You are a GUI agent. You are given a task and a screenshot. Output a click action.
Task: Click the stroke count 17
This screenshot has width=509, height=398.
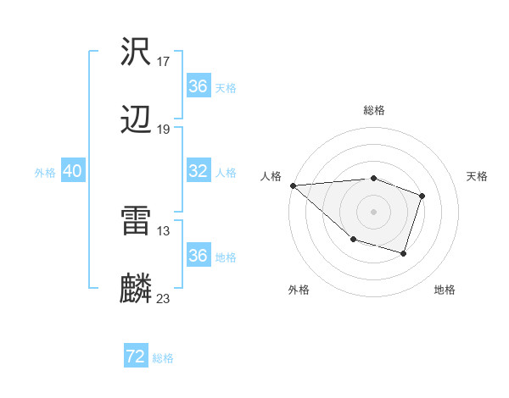pyautogui.click(x=164, y=62)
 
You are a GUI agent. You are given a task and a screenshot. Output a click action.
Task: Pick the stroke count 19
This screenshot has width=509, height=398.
pyautogui.click(x=164, y=130)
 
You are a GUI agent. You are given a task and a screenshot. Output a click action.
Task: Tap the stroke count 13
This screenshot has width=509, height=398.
pyautogui.click(x=164, y=230)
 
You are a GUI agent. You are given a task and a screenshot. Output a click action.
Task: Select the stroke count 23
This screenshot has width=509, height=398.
pyautogui.click(x=164, y=298)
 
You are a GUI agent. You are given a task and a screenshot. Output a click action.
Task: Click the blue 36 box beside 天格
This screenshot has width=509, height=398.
pyautogui.click(x=198, y=86)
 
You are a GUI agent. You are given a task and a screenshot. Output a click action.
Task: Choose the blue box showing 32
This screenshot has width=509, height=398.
pyautogui.click(x=198, y=171)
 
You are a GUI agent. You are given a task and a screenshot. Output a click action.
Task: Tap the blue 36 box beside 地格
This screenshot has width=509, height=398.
pyautogui.click(x=198, y=256)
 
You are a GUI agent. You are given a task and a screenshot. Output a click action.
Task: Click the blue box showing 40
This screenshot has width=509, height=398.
pyautogui.click(x=72, y=171)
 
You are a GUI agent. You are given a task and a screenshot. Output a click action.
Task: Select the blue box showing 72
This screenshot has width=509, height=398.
pyautogui.click(x=136, y=357)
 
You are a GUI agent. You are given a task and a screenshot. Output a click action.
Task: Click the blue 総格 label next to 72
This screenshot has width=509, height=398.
pyautogui.click(x=164, y=358)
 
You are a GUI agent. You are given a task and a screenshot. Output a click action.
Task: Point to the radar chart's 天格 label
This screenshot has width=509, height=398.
pyautogui.click(x=478, y=176)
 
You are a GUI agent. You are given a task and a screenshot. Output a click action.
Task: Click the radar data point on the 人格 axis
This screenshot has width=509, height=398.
pyautogui.click(x=293, y=185)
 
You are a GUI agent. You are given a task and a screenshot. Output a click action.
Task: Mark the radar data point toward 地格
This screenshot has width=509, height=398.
pyautogui.click(x=404, y=253)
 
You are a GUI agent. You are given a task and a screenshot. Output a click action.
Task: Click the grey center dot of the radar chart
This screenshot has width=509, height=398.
pyautogui.click(x=373, y=211)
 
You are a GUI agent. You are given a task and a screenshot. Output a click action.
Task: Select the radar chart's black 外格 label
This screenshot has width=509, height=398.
pyautogui.click(x=299, y=290)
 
